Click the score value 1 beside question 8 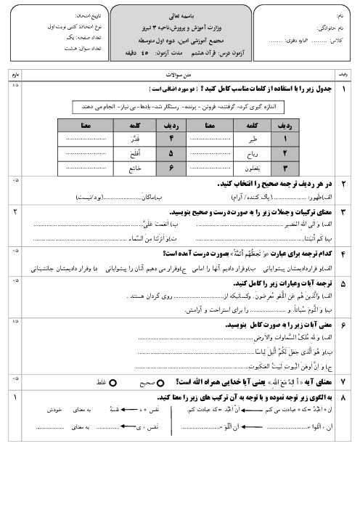point(15,398)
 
